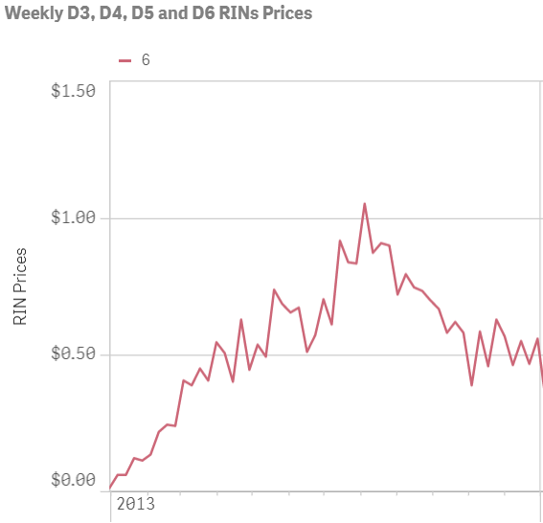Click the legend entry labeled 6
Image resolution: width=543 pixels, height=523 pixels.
146,59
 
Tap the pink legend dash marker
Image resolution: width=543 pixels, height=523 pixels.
124,59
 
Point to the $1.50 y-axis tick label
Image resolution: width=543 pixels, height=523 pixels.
73,91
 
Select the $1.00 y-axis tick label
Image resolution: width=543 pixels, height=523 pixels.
73,218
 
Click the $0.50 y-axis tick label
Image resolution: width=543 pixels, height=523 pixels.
73,354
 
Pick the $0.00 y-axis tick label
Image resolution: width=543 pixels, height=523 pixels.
73,481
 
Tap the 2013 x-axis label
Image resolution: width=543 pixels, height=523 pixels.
135,504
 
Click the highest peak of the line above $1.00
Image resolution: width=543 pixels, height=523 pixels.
365,203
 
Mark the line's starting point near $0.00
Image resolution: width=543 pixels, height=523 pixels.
111,488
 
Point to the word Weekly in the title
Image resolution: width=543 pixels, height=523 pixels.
32,14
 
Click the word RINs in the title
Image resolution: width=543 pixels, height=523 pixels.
242,14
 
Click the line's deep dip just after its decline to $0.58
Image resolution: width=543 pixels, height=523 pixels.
471,385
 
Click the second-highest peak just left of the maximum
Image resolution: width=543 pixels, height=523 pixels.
340,240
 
